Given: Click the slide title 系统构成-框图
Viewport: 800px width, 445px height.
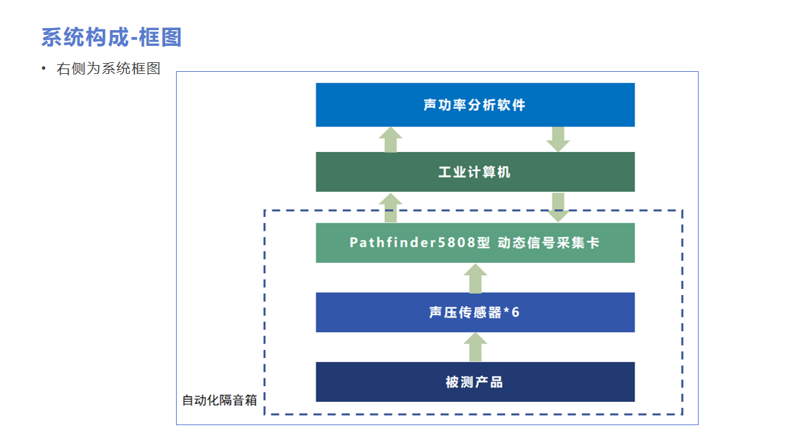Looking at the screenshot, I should [x=111, y=37].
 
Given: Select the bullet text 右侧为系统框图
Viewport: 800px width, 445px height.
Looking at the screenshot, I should [x=108, y=68].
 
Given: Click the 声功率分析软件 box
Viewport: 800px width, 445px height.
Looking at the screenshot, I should [x=475, y=105].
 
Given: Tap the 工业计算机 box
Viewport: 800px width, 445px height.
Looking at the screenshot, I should [x=475, y=172].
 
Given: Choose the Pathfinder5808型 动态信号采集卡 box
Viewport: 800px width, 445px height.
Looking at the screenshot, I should [x=475, y=242].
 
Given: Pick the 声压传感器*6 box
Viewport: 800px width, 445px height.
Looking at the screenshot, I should [x=475, y=312].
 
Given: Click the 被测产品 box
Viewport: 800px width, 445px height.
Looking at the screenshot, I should [x=475, y=382].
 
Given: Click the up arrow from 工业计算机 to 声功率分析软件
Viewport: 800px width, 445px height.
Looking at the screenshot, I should [x=390, y=140].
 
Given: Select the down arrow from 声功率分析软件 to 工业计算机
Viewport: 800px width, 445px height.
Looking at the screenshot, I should [x=558, y=139].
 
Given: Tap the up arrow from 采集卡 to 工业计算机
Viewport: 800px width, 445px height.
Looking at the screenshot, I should [x=390, y=207].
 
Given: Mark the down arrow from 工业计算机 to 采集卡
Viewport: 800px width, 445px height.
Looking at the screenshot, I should [x=558, y=207].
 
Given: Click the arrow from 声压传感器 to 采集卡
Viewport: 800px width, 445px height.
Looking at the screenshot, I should [x=475, y=279].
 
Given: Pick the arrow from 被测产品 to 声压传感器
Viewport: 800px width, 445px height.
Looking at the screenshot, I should [x=475, y=348].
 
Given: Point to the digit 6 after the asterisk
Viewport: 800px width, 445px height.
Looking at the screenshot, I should [x=516, y=312].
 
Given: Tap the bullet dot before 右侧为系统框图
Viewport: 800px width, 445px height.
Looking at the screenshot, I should [x=43, y=68].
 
